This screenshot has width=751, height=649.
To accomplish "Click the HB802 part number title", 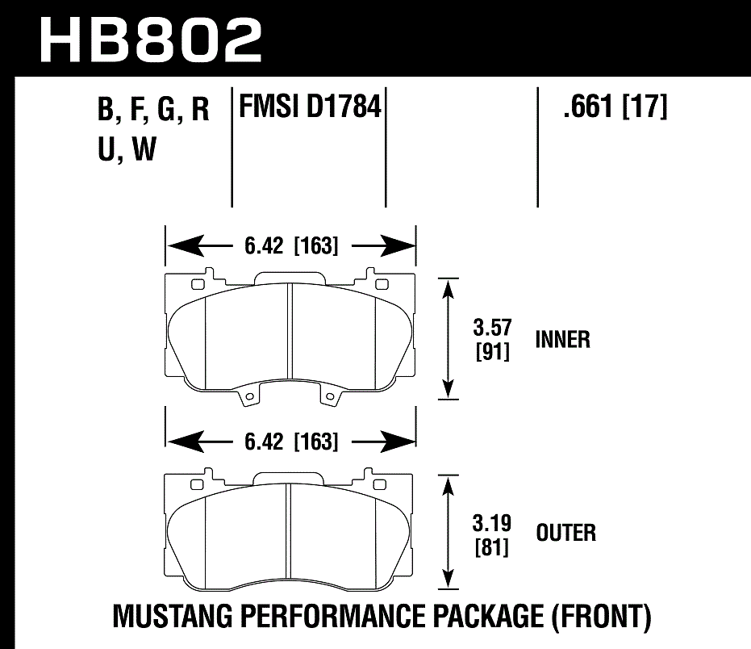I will pos(151,38).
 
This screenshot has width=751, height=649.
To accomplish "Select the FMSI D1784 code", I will pos(308,107).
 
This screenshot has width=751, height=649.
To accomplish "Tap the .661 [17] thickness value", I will pos(615,107).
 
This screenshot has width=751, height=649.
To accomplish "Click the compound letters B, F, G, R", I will pos(153,111).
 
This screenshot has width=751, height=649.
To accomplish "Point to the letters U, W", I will pos(125,150).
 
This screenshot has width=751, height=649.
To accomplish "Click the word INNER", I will pos(562,340).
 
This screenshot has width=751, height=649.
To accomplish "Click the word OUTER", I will pos(565,533).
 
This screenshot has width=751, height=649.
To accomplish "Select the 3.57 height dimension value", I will pos(491,329).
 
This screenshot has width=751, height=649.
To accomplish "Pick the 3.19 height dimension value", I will pos(491,523).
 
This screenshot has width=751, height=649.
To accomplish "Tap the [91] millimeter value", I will pos(491,352).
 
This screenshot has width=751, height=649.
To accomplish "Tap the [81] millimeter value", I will pos(491,547).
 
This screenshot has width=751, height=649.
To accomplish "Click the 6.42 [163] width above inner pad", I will pos(290,245).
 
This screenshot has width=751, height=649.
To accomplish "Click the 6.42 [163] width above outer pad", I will pos(290,442).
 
